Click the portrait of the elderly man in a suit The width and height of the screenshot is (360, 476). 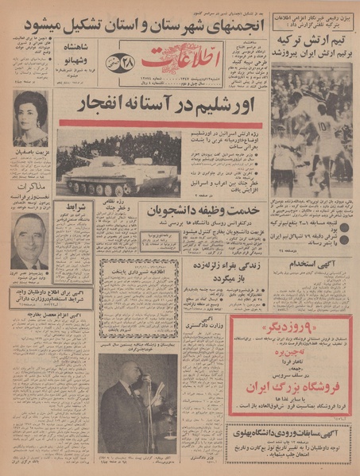click(x=30, y=242)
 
